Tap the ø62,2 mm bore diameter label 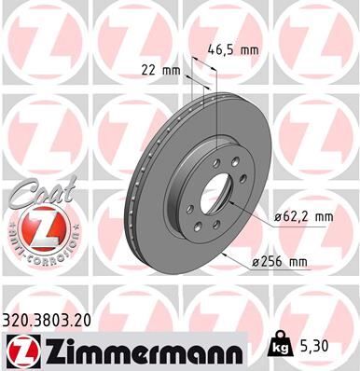303,216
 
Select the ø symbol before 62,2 277,216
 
